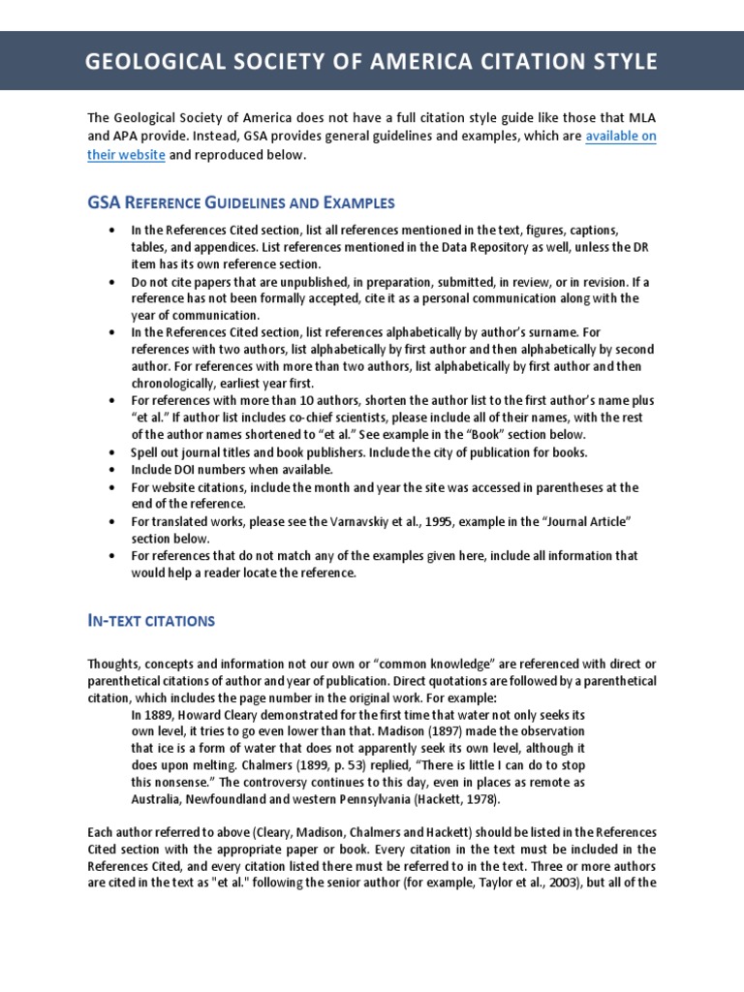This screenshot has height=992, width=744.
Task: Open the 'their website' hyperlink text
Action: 126,155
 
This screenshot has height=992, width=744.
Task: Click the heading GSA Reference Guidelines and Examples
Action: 241,202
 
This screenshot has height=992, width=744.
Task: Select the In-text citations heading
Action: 151,620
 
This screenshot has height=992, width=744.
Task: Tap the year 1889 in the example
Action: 159,713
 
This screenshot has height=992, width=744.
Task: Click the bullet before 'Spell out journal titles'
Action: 113,452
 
